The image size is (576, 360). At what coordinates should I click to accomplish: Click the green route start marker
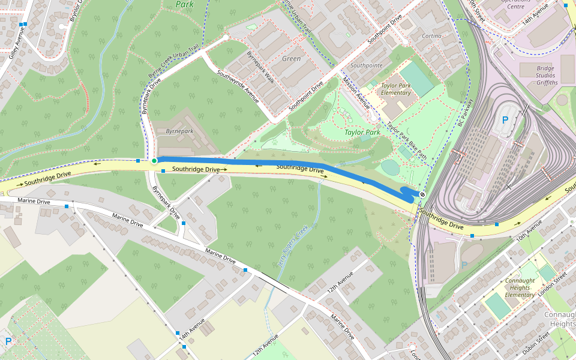(154, 160)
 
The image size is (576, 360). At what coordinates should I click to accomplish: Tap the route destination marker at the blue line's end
(422, 194)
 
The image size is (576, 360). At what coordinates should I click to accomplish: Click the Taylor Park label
(362, 131)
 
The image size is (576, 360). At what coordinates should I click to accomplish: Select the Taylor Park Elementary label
(395, 89)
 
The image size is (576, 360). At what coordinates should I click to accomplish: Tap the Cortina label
(431, 36)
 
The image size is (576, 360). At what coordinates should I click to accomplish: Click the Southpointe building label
(366, 65)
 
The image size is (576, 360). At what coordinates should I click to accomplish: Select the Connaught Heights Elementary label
(520, 287)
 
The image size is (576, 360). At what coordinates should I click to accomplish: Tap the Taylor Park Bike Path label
(406, 142)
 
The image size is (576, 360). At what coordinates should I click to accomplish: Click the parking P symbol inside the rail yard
(505, 120)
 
